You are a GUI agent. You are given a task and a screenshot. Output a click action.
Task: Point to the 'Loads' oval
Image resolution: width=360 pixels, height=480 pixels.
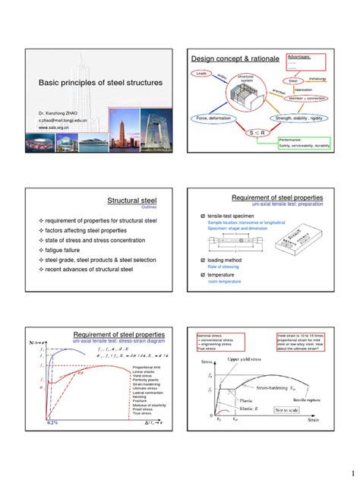(202, 74)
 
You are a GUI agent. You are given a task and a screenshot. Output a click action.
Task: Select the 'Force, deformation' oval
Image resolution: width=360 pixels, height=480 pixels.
(217, 118)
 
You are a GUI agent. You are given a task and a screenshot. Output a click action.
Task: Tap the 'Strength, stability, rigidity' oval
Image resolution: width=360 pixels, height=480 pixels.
(300, 118)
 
